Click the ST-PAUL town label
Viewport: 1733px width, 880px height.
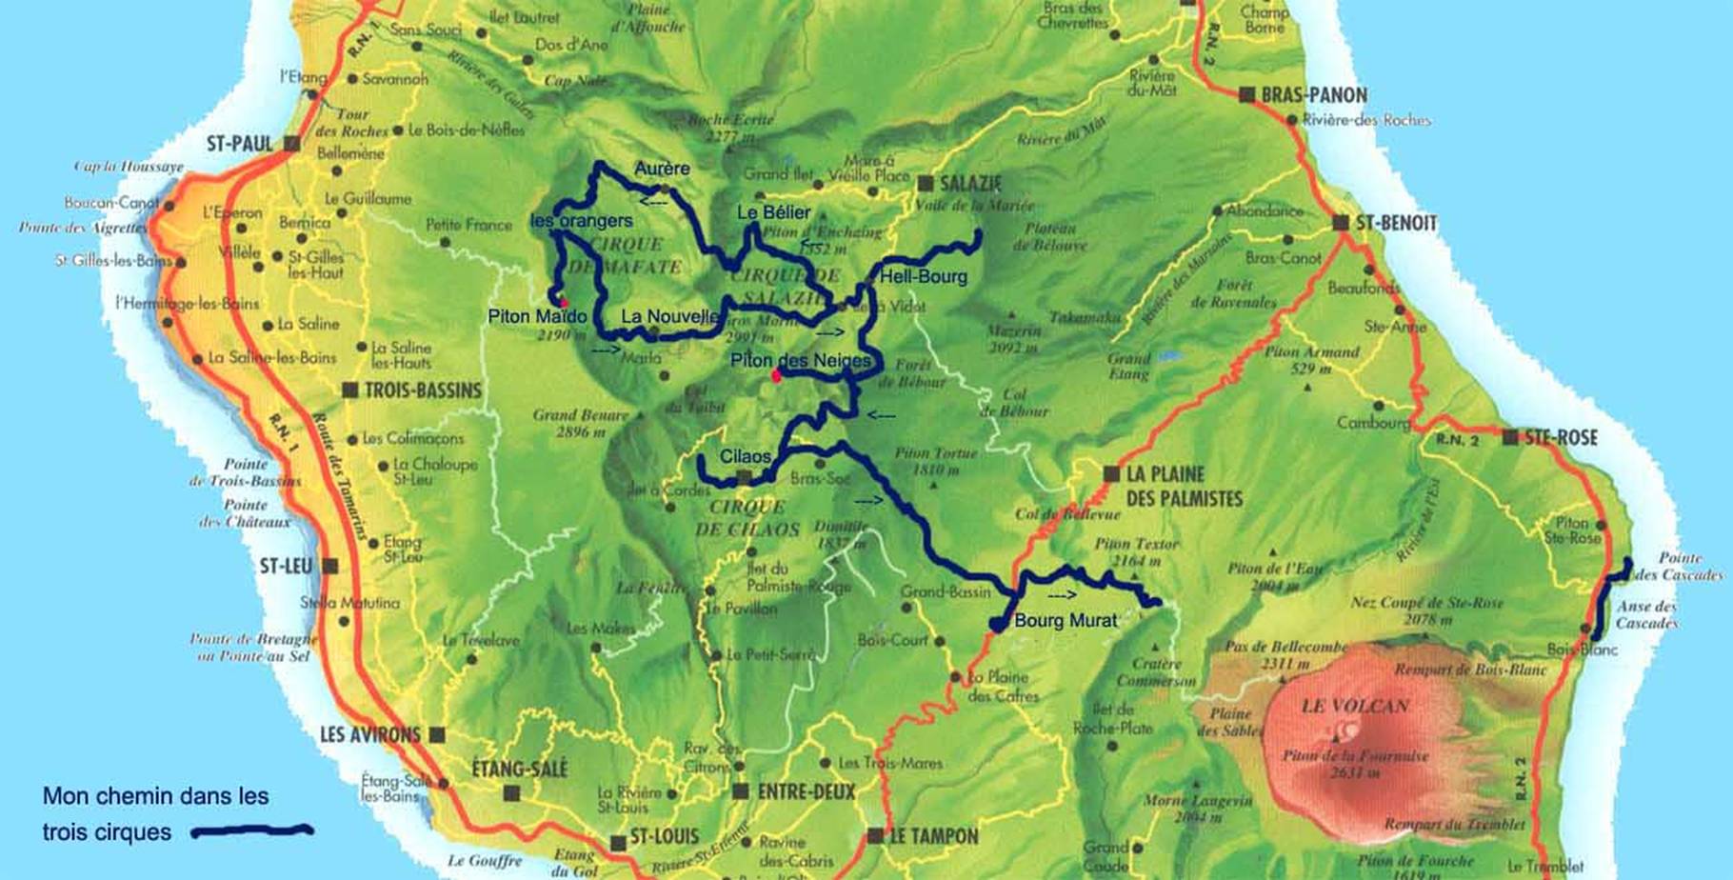(x=240, y=144)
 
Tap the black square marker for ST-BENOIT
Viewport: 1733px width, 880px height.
(x=1341, y=223)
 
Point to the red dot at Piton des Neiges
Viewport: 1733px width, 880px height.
(x=776, y=376)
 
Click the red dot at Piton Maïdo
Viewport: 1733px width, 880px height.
(x=563, y=302)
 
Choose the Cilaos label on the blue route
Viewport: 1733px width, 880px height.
(x=745, y=456)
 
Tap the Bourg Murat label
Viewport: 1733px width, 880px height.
(x=1065, y=620)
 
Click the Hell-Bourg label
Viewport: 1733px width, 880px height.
(x=923, y=276)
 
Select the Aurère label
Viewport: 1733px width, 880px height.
(x=662, y=169)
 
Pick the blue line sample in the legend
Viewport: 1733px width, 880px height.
(x=251, y=831)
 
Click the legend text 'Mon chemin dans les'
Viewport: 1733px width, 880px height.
(x=155, y=795)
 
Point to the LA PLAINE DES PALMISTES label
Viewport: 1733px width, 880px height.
(x=1184, y=486)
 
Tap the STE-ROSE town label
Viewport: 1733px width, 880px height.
(x=1562, y=437)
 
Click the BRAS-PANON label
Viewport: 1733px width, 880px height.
(x=1314, y=94)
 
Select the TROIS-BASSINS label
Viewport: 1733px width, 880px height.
(x=423, y=390)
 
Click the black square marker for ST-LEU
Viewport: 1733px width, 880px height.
(x=330, y=566)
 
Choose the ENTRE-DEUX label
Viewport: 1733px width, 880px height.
(x=806, y=791)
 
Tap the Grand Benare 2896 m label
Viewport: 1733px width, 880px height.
(x=581, y=423)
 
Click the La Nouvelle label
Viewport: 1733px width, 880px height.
(x=669, y=316)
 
